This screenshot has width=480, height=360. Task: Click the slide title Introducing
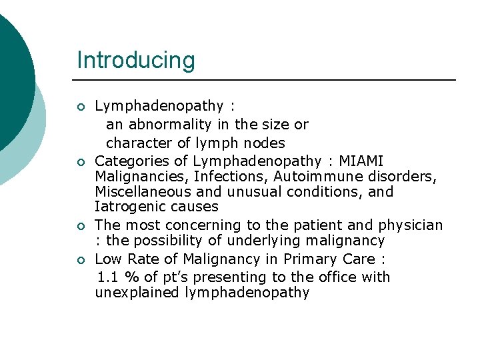136,60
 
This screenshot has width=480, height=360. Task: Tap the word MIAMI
361,161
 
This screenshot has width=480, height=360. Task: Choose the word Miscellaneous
141,192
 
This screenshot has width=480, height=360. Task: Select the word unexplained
137,293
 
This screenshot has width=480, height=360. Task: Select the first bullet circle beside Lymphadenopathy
81,107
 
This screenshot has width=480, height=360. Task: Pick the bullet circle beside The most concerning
81,227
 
